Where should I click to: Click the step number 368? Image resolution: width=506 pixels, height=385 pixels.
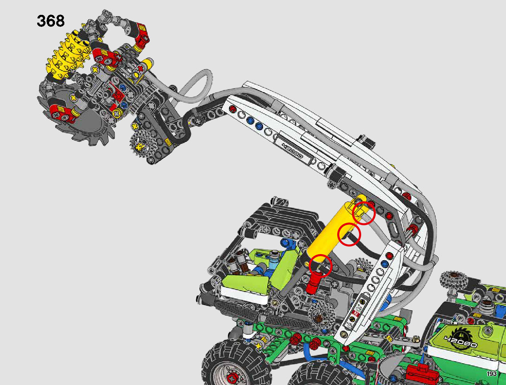51,21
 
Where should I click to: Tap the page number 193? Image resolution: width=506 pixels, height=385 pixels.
491,374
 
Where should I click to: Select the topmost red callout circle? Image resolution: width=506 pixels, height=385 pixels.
364,213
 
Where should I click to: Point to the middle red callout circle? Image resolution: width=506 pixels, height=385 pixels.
349,235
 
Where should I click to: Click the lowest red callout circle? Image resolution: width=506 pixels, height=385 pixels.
320,266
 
